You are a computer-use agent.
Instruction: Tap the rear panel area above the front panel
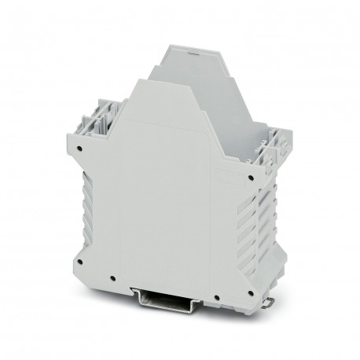[189, 67]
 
